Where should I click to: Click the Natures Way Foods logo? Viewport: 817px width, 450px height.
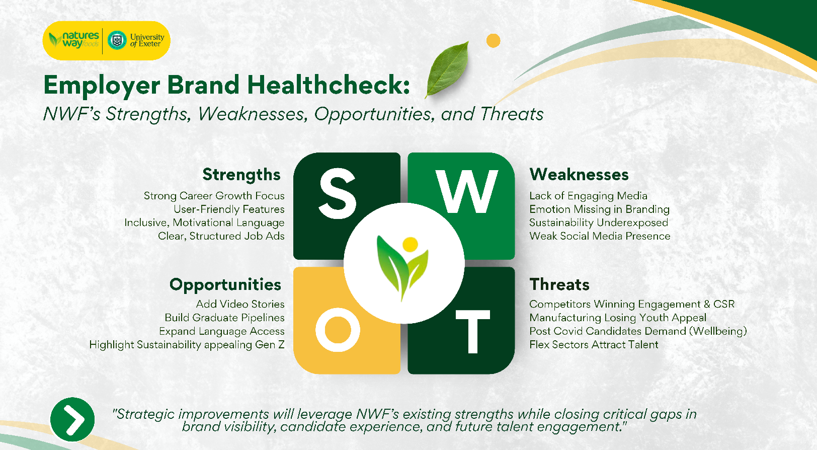tap(74, 40)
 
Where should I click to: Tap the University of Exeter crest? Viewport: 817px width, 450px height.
tap(117, 40)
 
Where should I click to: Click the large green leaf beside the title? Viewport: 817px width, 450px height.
tap(447, 68)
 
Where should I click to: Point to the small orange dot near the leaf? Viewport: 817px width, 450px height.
tap(494, 41)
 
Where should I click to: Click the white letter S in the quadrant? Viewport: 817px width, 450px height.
tap(338, 194)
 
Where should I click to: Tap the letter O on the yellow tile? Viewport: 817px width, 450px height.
tap(338, 330)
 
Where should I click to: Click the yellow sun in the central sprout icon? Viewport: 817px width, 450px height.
tap(410, 244)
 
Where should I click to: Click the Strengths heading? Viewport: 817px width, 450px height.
tap(241, 174)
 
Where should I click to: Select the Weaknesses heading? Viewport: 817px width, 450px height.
tap(579, 174)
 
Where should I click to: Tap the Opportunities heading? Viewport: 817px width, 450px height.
tap(225, 284)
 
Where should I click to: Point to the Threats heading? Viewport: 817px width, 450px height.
tap(559, 284)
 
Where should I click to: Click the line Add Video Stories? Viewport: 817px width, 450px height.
tap(240, 304)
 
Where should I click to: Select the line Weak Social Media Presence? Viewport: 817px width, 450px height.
tap(600, 236)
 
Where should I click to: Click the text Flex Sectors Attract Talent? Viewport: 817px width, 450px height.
tap(594, 345)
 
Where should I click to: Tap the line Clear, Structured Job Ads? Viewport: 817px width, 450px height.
tap(221, 236)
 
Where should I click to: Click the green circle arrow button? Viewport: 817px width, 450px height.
tap(72, 419)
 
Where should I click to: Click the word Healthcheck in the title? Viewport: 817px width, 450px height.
tap(329, 85)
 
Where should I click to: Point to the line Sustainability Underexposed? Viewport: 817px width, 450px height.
tap(599, 222)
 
